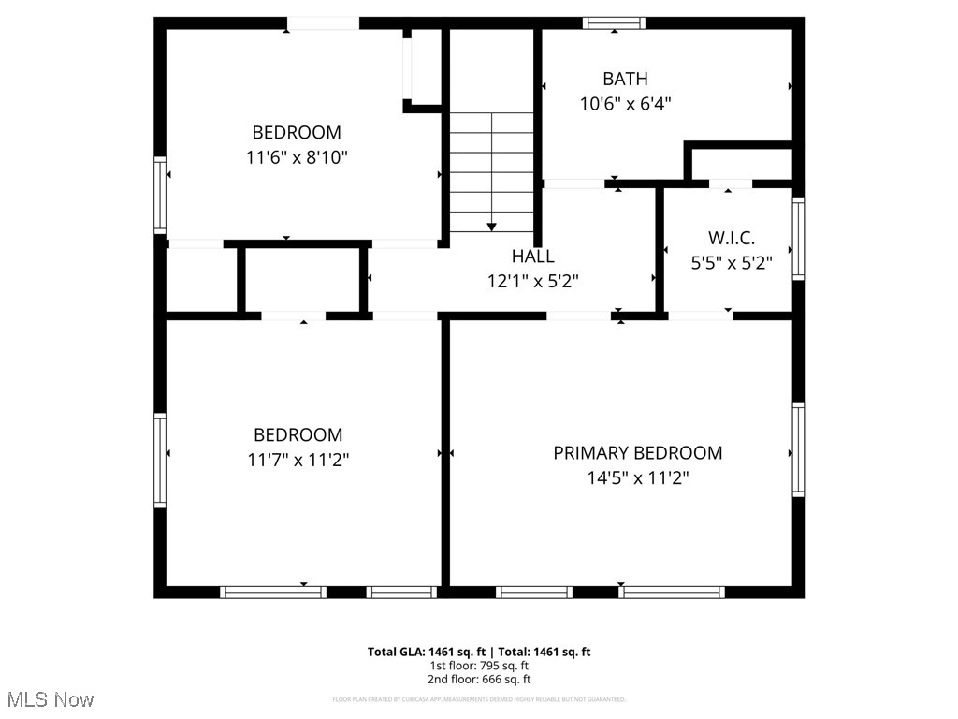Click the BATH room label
pos(625,79)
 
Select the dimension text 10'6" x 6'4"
pos(625,104)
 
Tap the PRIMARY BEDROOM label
pos(637,453)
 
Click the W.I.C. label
pos(730,239)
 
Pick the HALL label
pos(532,256)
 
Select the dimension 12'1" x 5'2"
pos(532,281)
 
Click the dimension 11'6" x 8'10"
pos(297,158)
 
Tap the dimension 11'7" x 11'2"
pos(298,461)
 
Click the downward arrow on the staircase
pos(491,227)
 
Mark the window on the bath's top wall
pos(614,22)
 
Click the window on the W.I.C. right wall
pos(798,238)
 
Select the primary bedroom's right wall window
pos(798,449)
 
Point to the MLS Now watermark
pos(51,699)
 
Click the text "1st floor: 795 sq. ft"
pos(479,666)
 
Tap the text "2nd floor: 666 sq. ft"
pos(479,680)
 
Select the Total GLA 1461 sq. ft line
pos(479,652)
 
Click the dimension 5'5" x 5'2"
pos(731,264)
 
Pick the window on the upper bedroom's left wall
pos(160,195)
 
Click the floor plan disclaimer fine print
pos(479,699)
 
